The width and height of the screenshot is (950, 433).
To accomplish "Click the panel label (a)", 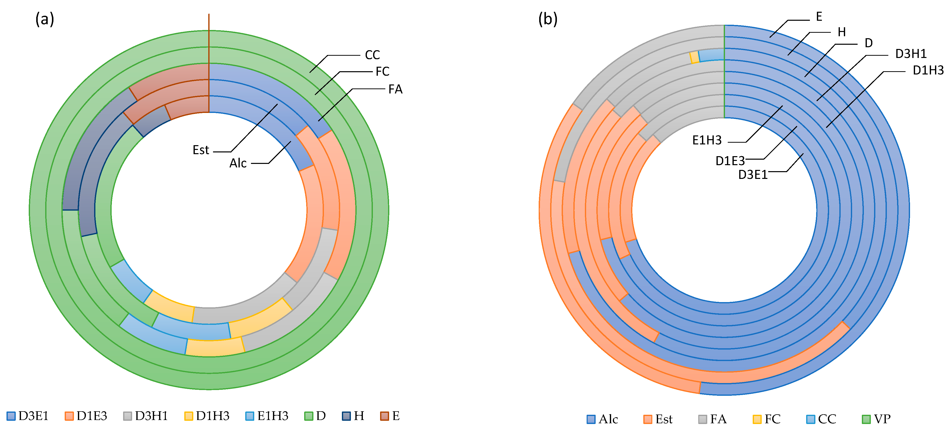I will (45, 19).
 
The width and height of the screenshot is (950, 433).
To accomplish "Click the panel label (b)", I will (548, 19).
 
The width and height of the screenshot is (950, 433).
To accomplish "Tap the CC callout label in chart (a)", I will (372, 55).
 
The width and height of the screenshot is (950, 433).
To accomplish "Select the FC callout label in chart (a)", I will (382, 71).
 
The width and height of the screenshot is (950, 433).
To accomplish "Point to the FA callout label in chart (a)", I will (395, 89).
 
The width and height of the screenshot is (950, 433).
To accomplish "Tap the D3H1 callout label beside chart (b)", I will (911, 54).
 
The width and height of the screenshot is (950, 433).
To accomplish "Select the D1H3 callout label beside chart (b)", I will (928, 70).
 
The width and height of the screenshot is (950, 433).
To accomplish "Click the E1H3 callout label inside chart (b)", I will (707, 140).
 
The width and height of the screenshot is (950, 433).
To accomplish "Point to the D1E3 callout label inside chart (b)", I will (730, 161).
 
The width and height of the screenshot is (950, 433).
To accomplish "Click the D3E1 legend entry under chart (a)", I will (28, 416).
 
